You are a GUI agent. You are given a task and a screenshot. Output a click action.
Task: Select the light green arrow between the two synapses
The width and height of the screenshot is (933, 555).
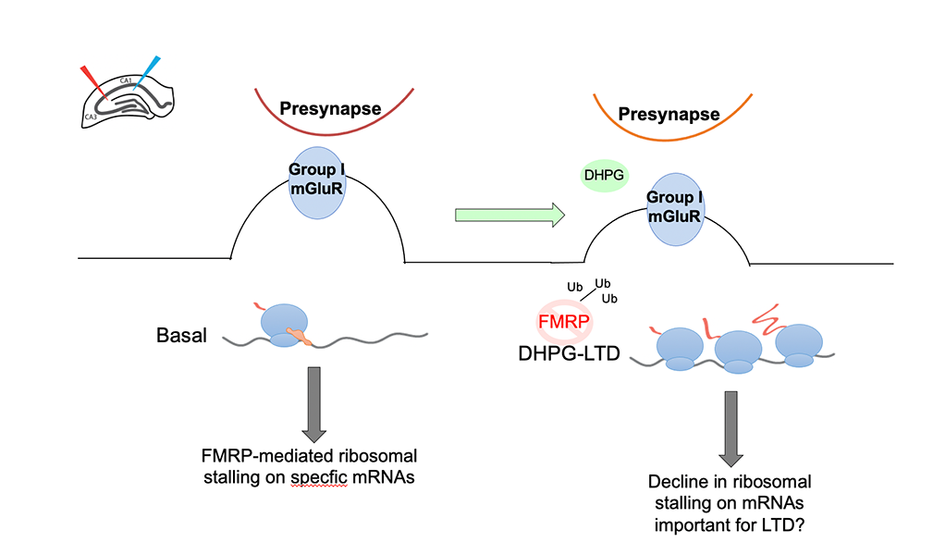509,215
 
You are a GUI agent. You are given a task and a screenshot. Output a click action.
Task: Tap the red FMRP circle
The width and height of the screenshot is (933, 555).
564,323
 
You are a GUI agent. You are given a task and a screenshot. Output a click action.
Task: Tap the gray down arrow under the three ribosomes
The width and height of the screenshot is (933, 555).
732,426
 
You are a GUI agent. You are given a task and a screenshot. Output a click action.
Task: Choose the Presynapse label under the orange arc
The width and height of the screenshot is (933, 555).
669,115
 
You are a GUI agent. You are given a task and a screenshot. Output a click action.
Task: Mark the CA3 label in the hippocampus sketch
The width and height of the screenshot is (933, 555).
90,117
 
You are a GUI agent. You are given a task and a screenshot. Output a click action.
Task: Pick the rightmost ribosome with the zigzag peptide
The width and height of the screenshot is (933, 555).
800,343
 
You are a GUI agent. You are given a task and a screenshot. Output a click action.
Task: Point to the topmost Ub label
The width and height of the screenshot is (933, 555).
602,284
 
